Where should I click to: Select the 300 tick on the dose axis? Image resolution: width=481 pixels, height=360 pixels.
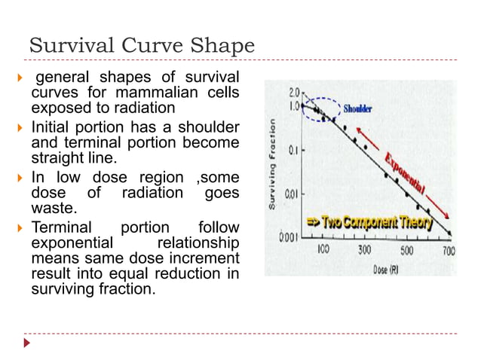click(x=364, y=250)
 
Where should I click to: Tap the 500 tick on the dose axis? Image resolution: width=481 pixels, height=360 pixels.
click(x=406, y=250)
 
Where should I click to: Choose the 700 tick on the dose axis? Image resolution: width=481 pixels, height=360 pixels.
click(x=448, y=250)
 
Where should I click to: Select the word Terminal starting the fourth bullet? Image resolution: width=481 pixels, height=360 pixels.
click(x=61, y=227)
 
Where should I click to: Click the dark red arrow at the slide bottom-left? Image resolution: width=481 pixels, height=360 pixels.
click(x=28, y=343)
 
